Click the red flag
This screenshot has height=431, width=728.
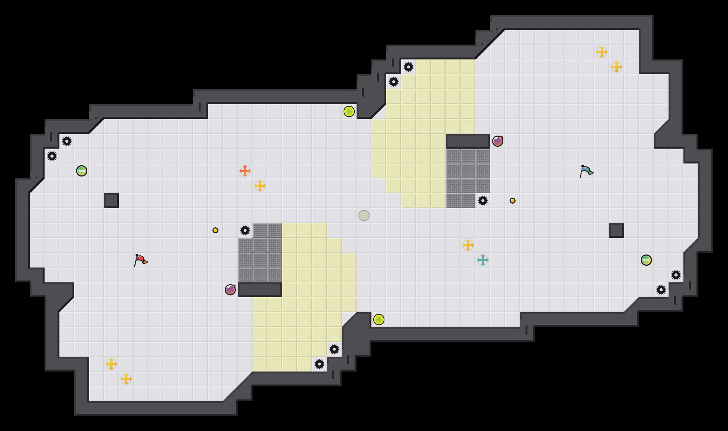pyautogui.click(x=140, y=260)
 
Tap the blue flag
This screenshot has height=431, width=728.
pyautogui.click(x=586, y=171)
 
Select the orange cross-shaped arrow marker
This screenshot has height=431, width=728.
pyautogui.click(x=245, y=171)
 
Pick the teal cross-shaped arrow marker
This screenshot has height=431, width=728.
pyautogui.click(x=483, y=260)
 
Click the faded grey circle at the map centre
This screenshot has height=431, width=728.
pyautogui.click(x=364, y=215)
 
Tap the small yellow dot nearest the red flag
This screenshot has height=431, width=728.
pyautogui.click(x=215, y=230)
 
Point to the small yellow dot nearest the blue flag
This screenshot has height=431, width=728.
pyautogui.click(x=513, y=201)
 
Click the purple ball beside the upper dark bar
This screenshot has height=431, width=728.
pyautogui.click(x=498, y=141)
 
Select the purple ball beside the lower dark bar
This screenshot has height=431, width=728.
pyautogui.click(x=230, y=290)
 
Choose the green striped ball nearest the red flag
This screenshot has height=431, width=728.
pyautogui.click(x=82, y=171)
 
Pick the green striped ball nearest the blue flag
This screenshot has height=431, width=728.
pyautogui.click(x=646, y=260)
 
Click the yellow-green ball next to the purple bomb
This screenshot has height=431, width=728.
pyautogui.click(x=379, y=320)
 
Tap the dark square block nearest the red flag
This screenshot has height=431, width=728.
pyautogui.click(x=111, y=201)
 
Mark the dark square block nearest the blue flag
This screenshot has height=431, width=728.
pyautogui.click(x=617, y=230)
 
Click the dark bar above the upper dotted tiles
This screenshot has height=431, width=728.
pyautogui.click(x=468, y=141)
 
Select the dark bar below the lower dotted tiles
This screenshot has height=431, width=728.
pyautogui.click(x=260, y=290)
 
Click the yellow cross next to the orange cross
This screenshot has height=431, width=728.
pyautogui.click(x=260, y=186)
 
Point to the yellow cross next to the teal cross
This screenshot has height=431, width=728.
pyautogui.click(x=468, y=245)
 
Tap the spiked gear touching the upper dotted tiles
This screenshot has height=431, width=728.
pyautogui.click(x=483, y=201)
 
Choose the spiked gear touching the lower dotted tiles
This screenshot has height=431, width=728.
pyautogui.click(x=245, y=230)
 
